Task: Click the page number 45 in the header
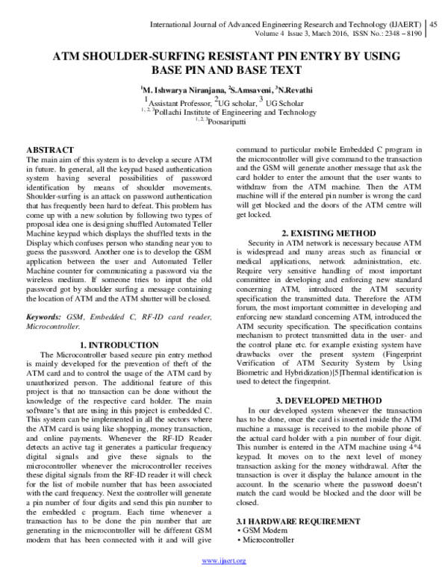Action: pos(435,24)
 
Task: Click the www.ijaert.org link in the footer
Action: pos(225,560)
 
